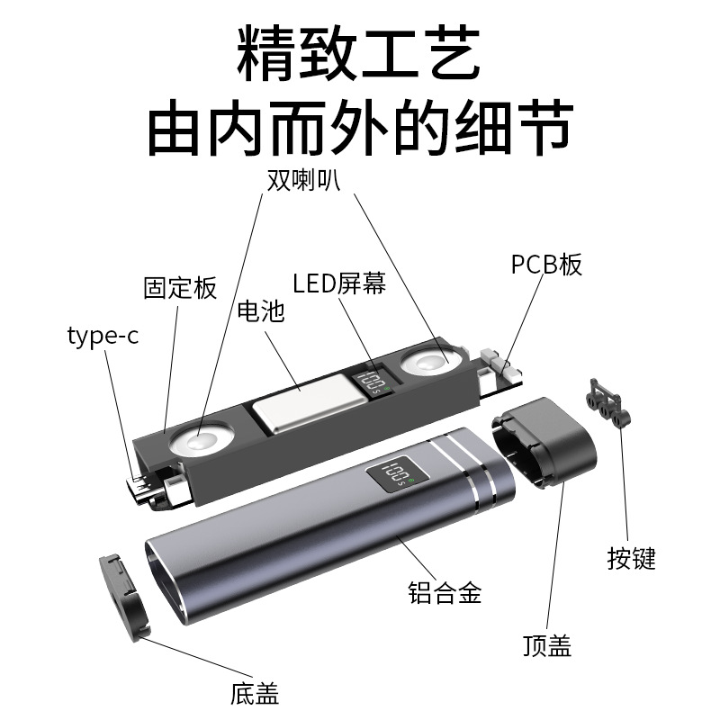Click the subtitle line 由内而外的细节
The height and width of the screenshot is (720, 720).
(360, 129)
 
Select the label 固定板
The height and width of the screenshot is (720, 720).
(180, 288)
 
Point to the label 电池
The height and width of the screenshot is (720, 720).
(260, 311)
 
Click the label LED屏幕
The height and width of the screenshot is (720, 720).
(339, 283)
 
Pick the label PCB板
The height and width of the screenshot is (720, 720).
(546, 264)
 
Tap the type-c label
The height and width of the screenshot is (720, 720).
(103, 337)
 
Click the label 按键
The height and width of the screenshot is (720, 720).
(632, 557)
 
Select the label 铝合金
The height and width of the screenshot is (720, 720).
(445, 593)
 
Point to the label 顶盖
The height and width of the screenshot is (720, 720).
(547, 645)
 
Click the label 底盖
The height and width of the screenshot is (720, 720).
(255, 694)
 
